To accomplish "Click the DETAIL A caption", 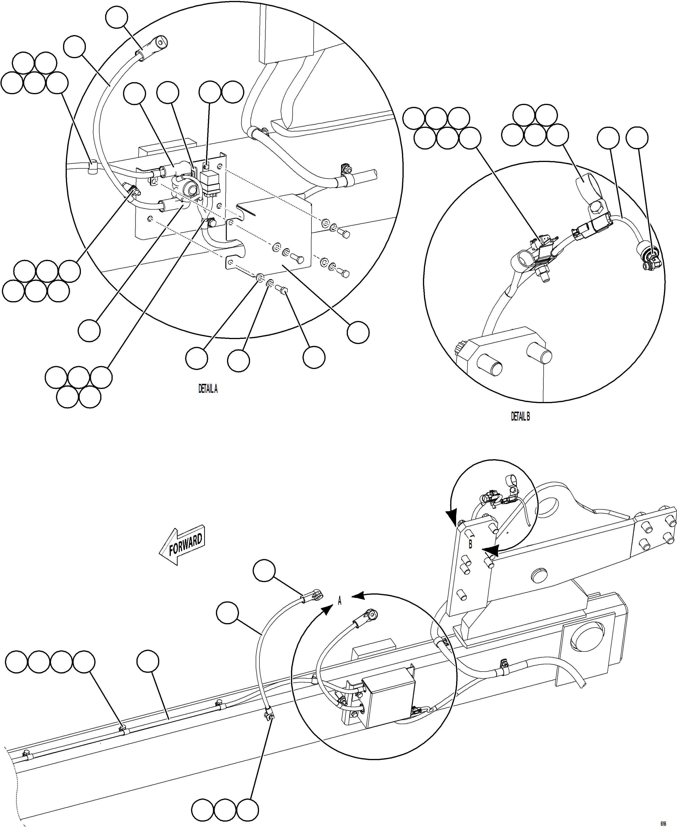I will [208, 389].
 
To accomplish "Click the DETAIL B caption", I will [520, 417].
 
